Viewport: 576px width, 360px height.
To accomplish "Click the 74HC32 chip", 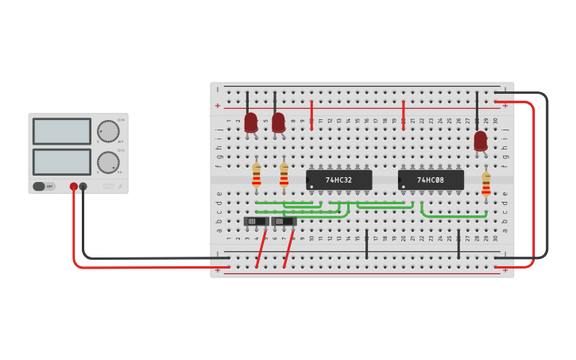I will (339, 180).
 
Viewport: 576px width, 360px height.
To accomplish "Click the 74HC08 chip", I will (431, 180).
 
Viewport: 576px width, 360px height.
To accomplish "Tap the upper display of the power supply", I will (62, 131).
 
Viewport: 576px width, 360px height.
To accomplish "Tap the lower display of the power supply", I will (62, 161).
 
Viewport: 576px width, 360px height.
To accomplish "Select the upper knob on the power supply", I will (108, 131).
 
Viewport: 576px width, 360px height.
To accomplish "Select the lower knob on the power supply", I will (108, 162).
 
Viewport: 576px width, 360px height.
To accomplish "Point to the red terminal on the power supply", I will (74, 187).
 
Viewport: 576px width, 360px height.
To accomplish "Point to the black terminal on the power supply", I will (83, 187).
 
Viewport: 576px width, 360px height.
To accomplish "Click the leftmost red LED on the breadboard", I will (251, 122).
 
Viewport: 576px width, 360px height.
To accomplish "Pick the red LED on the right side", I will (481, 141).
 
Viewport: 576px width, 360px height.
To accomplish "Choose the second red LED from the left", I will (278, 122).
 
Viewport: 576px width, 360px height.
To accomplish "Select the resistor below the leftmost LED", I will (257, 176).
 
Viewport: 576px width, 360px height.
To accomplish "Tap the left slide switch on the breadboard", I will (256, 221).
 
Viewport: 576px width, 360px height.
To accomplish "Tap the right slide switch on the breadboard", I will (284, 221).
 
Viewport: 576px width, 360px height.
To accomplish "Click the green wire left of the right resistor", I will (453, 215).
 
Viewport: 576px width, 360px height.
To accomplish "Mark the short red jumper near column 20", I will (404, 114).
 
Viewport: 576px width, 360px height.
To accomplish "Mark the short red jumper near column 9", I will (311, 114).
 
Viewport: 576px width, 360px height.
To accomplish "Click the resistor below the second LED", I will (284, 176).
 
